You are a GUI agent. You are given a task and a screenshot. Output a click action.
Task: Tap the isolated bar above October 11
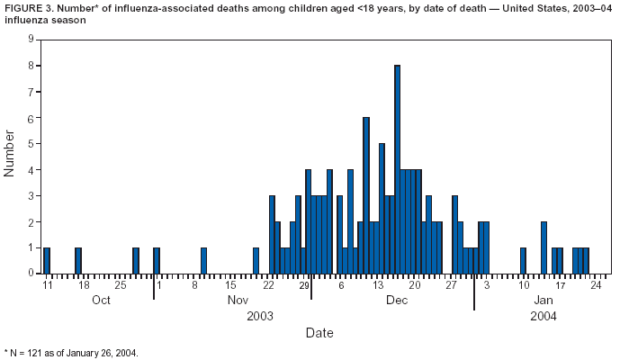pyautogui.click(x=47, y=260)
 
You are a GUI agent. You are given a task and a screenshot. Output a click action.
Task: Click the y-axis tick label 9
pyautogui.click(x=31, y=40)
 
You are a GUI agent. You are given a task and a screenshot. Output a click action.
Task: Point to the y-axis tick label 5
pyautogui.click(x=31, y=144)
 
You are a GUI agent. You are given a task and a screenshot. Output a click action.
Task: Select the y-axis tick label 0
pyautogui.click(x=31, y=273)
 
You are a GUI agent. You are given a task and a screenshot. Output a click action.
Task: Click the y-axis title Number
pyautogui.click(x=10, y=154)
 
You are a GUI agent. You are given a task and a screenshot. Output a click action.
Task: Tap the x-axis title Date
pyautogui.click(x=319, y=333)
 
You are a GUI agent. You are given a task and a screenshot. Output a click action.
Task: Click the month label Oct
pyautogui.click(x=100, y=300)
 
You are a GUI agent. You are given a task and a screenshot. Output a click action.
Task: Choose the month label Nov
pyautogui.click(x=238, y=300)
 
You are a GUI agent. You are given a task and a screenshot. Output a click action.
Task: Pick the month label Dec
pyautogui.click(x=397, y=300)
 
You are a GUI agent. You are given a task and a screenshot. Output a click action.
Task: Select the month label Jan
pyautogui.click(x=544, y=300)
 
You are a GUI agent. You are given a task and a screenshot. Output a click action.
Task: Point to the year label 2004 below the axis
pyautogui.click(x=544, y=316)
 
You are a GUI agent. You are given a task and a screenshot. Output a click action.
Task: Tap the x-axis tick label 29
pyautogui.click(x=304, y=285)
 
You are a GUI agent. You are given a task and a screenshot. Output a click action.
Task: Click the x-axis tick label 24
pyautogui.click(x=596, y=285)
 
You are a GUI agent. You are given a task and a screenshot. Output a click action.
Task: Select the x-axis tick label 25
pyautogui.click(x=120, y=285)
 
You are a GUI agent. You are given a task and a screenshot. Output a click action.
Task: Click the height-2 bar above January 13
pyautogui.click(x=544, y=247)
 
